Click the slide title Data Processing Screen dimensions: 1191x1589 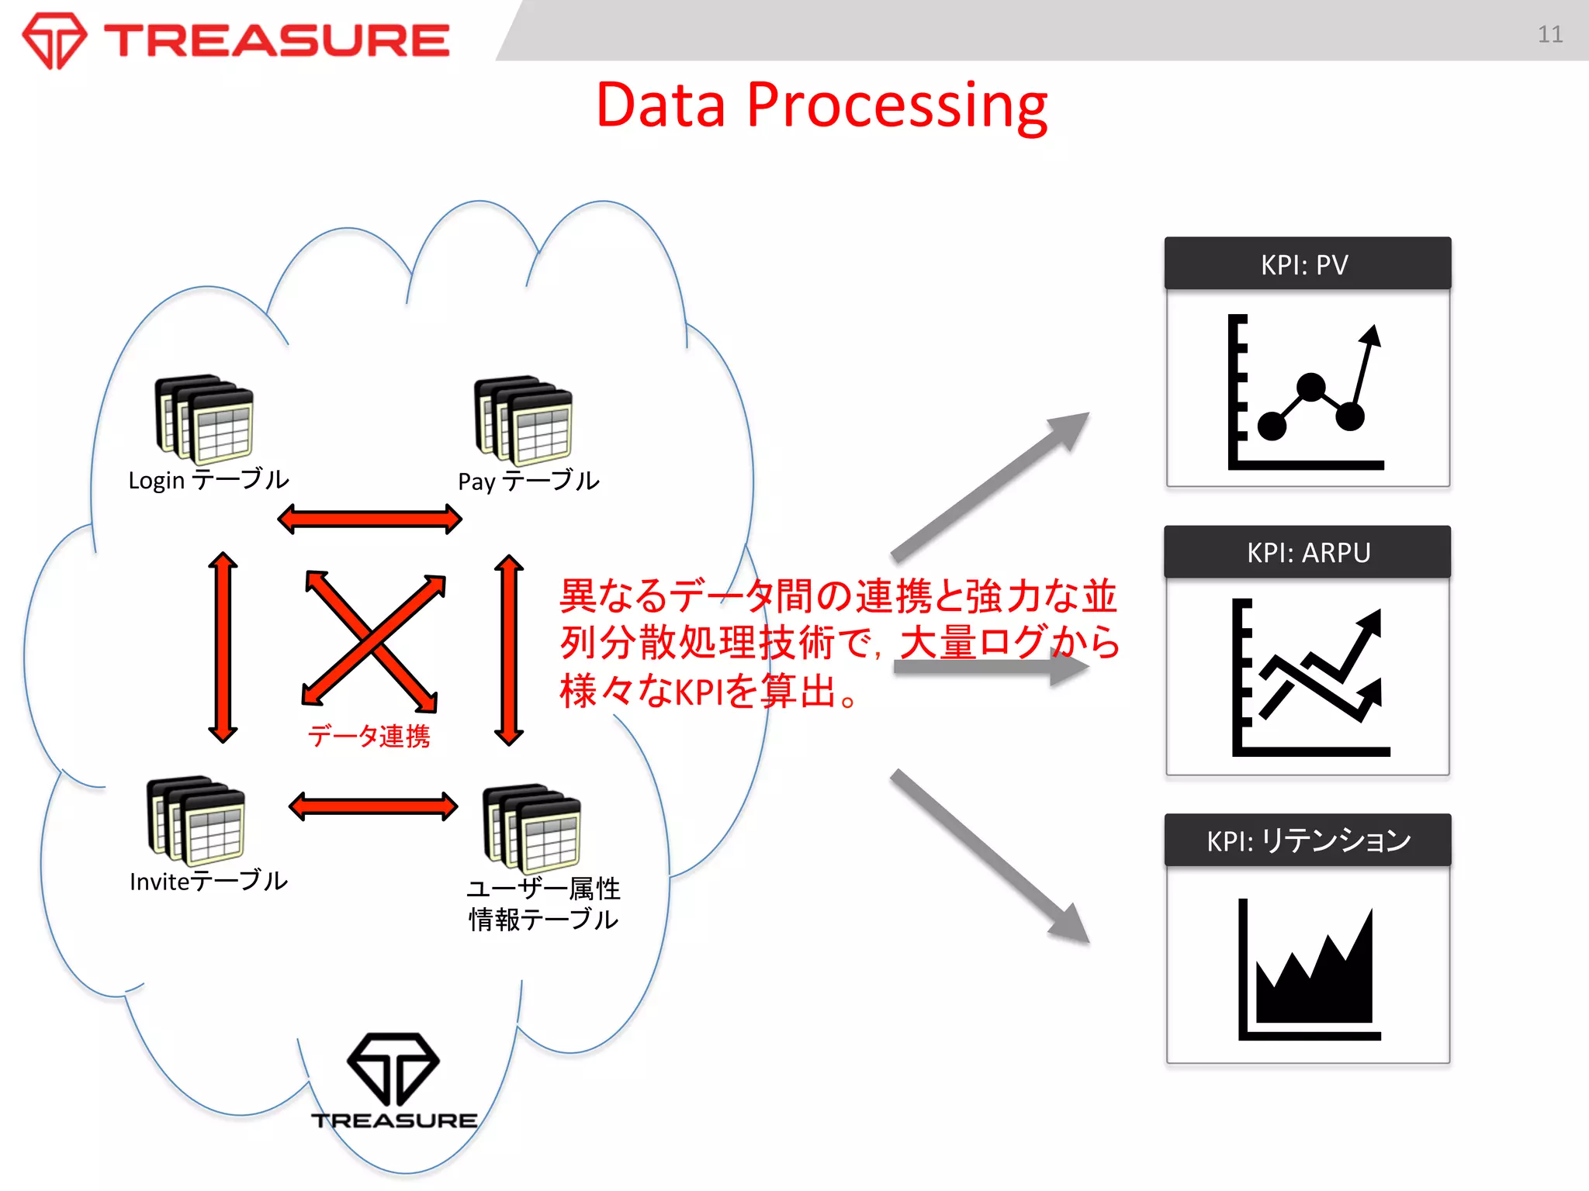(x=821, y=105)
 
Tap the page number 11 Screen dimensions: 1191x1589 (x=1549, y=34)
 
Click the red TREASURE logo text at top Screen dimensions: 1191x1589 (x=276, y=40)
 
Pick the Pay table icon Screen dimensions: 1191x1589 (x=524, y=420)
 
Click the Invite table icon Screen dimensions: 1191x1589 (x=196, y=820)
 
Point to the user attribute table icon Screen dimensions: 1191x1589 (x=531, y=828)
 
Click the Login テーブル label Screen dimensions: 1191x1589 (x=209, y=481)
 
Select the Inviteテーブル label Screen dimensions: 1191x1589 (x=209, y=882)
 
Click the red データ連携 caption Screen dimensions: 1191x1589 (x=369, y=736)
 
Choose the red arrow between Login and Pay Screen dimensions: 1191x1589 (x=369, y=519)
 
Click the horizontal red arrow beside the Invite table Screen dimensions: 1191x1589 (x=373, y=806)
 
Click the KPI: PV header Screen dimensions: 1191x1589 (x=1307, y=264)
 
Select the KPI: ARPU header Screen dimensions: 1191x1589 (x=1307, y=552)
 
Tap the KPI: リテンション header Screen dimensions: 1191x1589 (x=1307, y=841)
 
